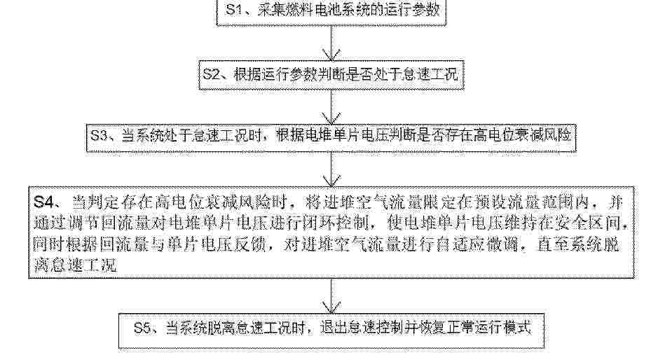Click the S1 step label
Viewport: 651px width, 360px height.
[234, 10]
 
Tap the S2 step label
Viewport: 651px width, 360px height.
[211, 74]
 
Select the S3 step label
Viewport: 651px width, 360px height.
[100, 134]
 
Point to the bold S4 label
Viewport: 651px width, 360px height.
[43, 202]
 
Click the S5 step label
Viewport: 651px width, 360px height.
[143, 328]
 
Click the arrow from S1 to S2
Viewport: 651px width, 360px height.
[331, 43]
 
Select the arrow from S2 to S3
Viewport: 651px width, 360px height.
[331, 106]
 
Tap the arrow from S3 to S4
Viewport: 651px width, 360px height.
[331, 169]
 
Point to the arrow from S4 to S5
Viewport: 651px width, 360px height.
[331, 296]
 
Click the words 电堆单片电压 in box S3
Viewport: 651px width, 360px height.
[341, 134]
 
